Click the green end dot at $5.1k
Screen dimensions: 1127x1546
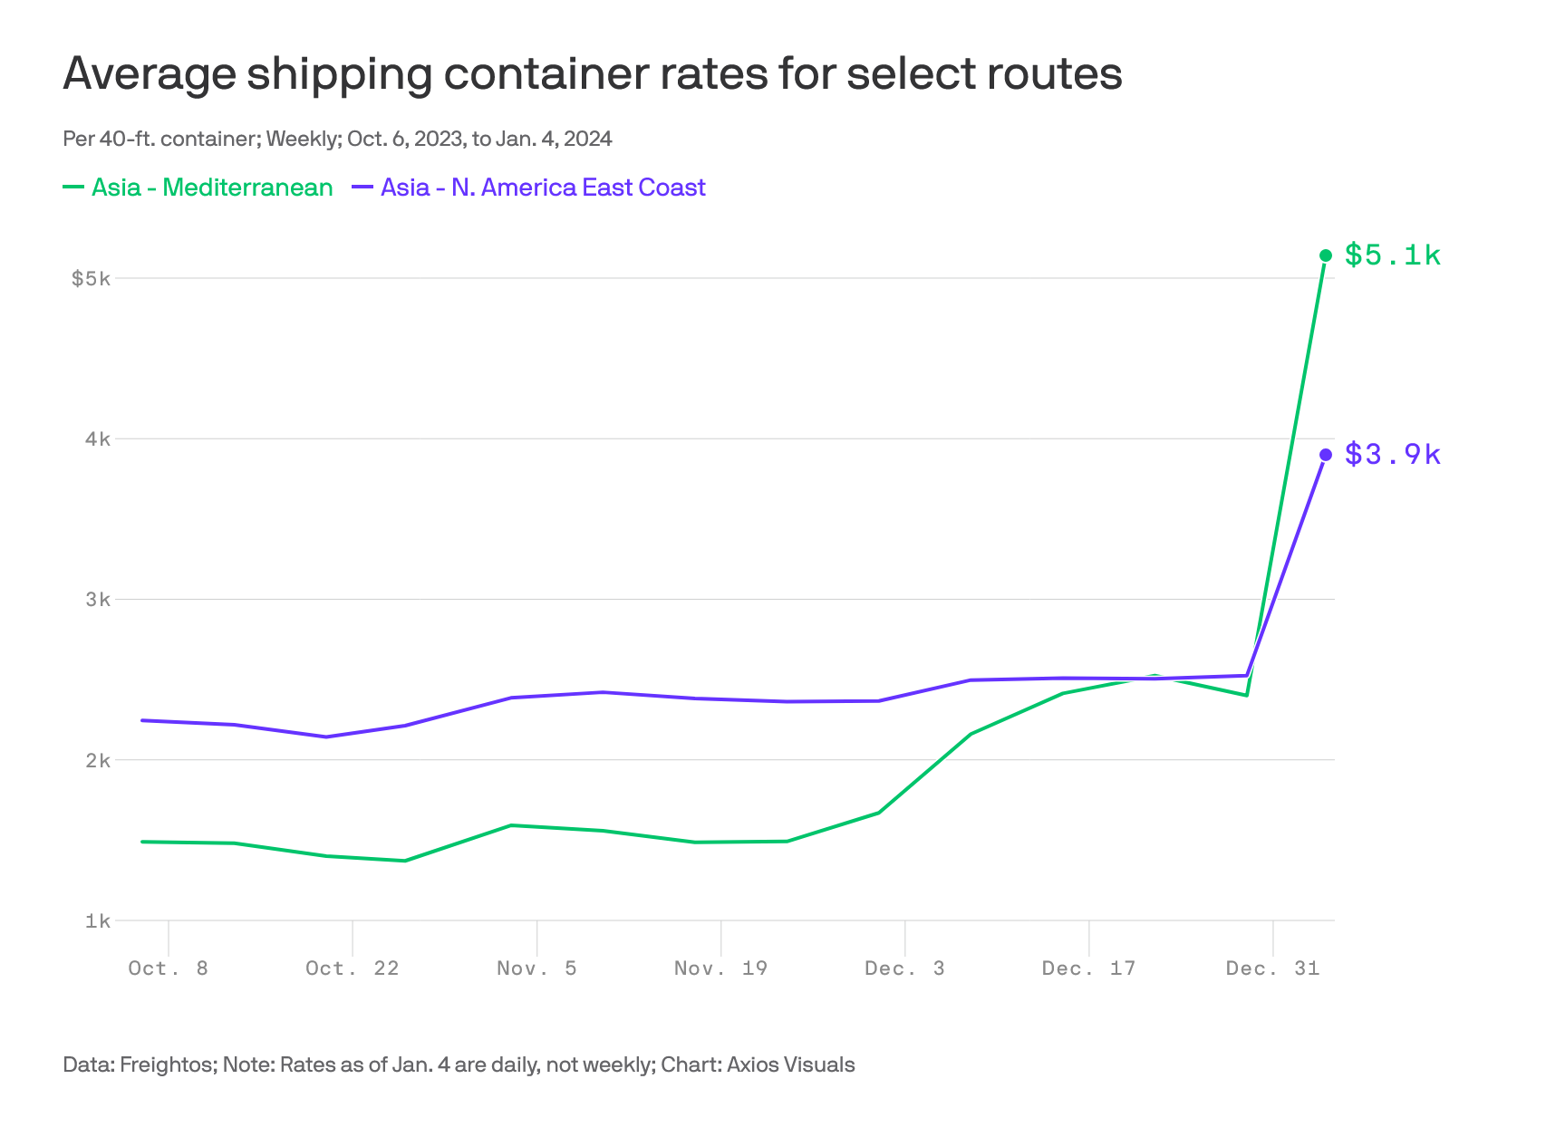point(1326,255)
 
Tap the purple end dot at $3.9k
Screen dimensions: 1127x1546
point(1326,455)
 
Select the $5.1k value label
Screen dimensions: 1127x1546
point(1392,255)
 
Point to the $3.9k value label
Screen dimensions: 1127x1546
point(1392,454)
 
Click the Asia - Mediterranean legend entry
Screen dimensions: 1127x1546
point(211,188)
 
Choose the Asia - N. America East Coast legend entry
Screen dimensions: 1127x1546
point(542,188)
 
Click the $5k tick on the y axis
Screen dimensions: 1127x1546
point(91,278)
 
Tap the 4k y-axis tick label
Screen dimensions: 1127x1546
point(97,439)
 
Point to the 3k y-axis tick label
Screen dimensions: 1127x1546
point(97,600)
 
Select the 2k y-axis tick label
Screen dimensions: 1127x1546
point(97,760)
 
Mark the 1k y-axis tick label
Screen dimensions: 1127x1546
point(97,921)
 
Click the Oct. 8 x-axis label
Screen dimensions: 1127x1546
point(169,968)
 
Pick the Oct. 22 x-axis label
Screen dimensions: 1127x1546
point(353,968)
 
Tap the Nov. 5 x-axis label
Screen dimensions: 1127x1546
point(536,968)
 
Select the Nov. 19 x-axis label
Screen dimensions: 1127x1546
point(720,968)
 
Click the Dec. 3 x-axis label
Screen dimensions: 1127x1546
point(904,968)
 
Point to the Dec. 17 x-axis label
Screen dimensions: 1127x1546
point(1088,968)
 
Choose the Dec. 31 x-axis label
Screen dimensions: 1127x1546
point(1272,968)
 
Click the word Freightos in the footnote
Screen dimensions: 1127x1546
point(167,1064)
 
